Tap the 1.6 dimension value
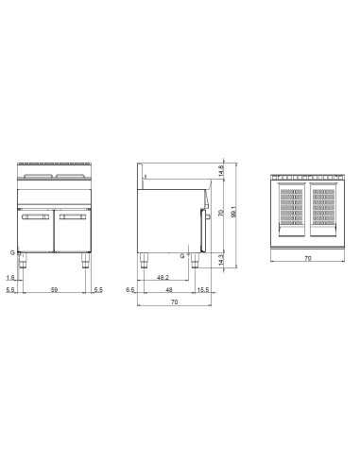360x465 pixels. (x=10, y=278)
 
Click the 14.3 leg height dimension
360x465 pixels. (x=220, y=258)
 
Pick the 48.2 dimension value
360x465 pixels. (x=163, y=278)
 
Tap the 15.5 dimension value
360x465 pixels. (x=204, y=290)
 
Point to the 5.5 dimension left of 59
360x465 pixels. (x=10, y=290)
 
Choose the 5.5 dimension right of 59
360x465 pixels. (x=97, y=290)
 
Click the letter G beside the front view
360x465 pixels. (x=11, y=252)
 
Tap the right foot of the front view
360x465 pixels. (x=85, y=263)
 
